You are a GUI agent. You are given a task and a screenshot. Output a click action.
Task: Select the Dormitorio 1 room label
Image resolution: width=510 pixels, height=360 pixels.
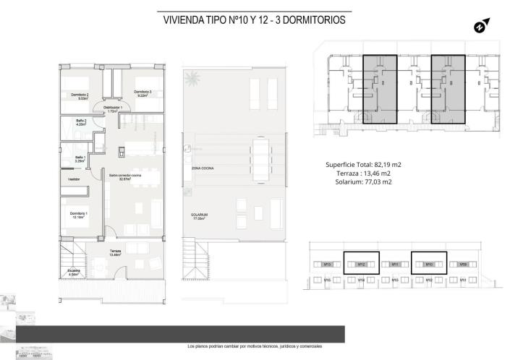click(x=80, y=215)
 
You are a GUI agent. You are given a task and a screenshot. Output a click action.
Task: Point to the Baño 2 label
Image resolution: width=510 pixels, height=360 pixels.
click(x=80, y=122)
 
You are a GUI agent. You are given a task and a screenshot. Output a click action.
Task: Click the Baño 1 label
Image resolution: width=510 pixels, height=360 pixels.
click(x=80, y=159)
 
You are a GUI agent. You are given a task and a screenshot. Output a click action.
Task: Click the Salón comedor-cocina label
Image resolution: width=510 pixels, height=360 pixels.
click(x=125, y=177)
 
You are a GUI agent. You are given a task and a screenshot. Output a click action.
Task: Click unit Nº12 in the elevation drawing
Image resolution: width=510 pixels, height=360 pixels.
click(x=360, y=265)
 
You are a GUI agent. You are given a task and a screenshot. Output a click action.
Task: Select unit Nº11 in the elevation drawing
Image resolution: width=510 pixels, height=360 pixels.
click(x=395, y=265)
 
